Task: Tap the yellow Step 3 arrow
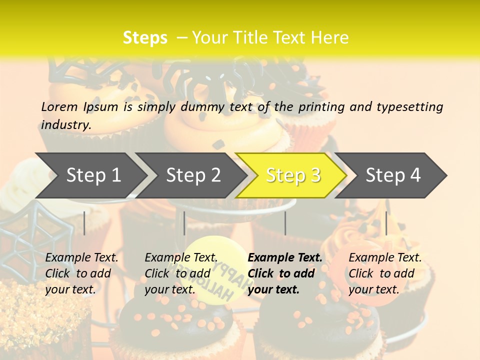point(293,175)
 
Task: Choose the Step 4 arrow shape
point(393,175)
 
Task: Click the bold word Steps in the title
point(145,37)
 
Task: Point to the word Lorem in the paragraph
point(59,106)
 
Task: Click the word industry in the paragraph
point(65,125)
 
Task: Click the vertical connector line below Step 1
point(84,223)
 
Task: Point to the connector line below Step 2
point(184,223)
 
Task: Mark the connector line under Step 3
point(285,223)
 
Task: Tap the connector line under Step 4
point(386,223)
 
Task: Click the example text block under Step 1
point(81,273)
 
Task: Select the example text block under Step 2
point(181,273)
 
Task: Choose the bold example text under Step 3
point(285,273)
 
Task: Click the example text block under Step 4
point(385,273)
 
